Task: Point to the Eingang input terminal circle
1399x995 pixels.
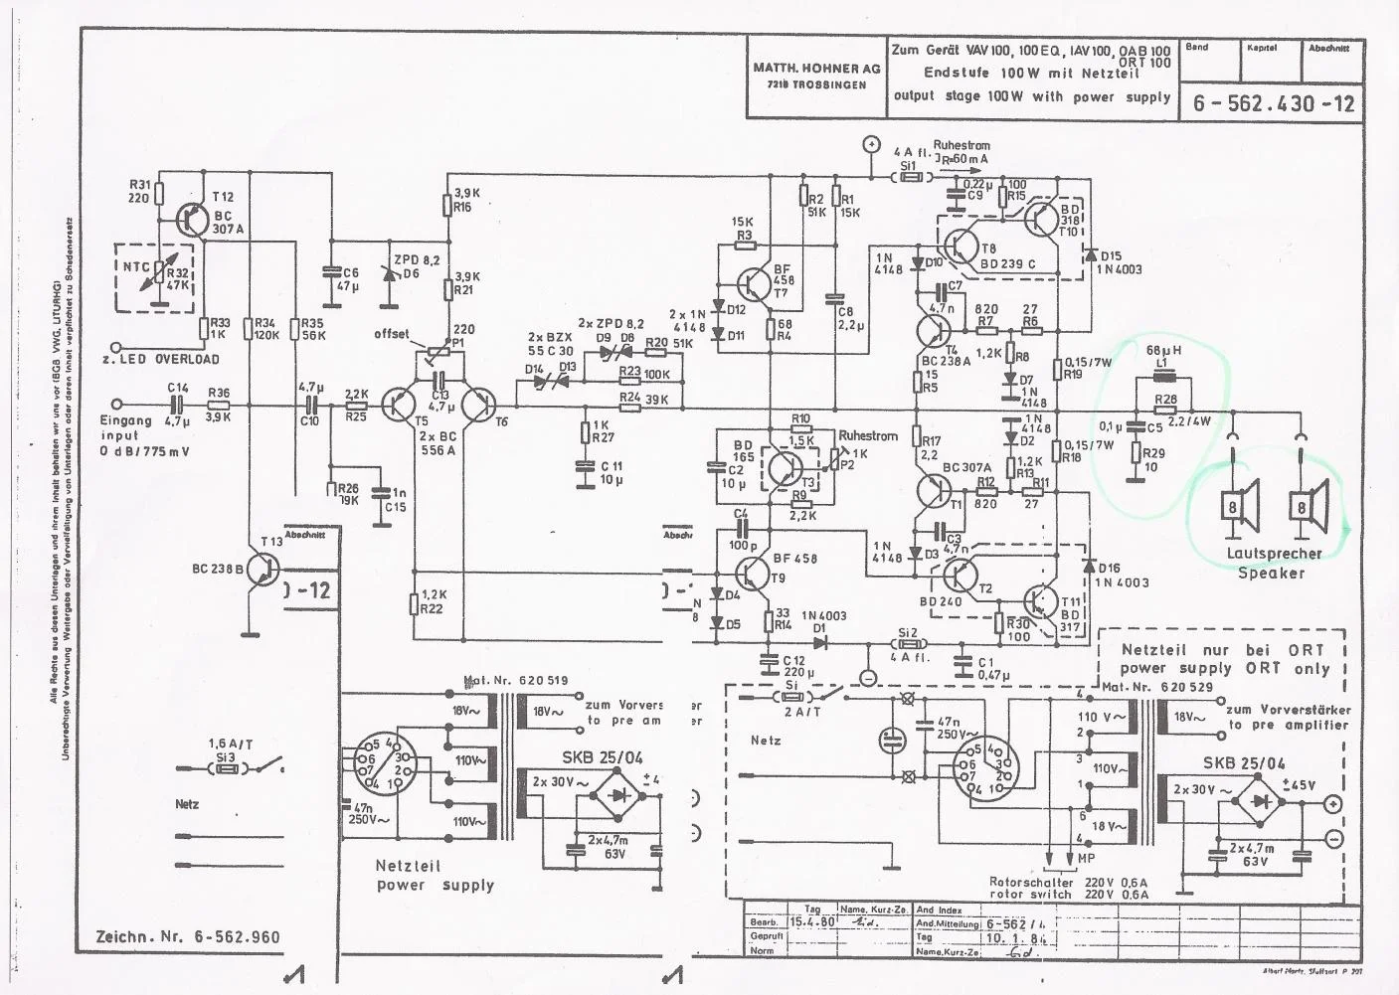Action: tap(118, 405)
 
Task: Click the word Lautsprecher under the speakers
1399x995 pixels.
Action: tap(1274, 554)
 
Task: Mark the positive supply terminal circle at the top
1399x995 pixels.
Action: tap(870, 145)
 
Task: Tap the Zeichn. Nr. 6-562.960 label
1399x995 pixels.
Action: tap(188, 936)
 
